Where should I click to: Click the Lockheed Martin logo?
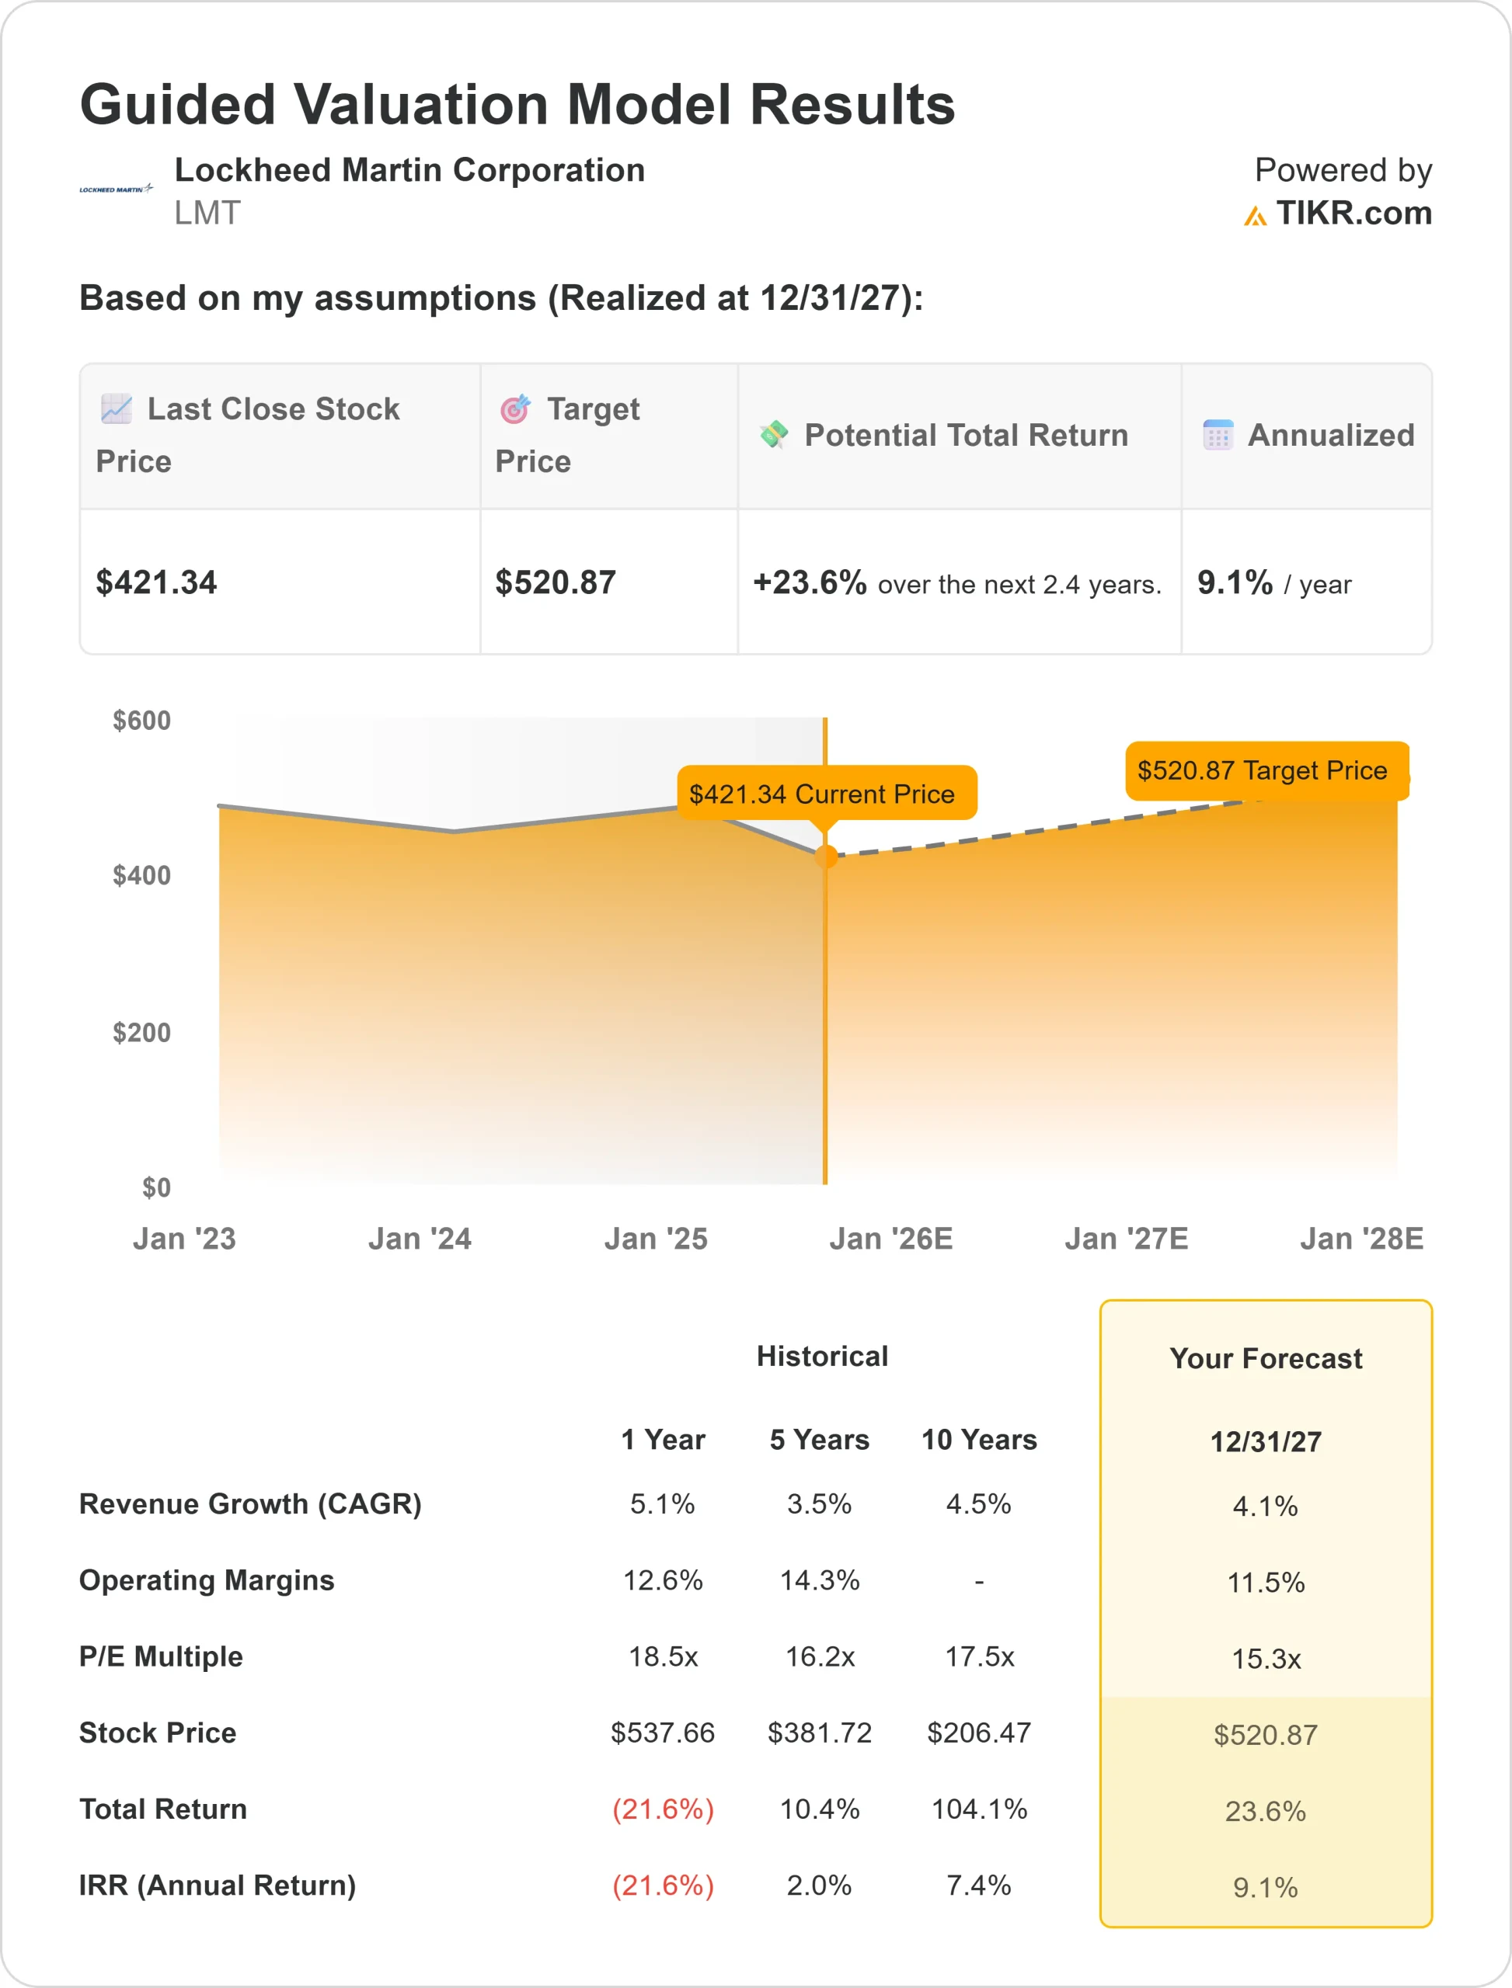tap(116, 189)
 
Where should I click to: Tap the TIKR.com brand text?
tap(1352, 214)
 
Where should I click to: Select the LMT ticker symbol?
tap(207, 214)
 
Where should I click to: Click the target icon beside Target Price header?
tap(515, 409)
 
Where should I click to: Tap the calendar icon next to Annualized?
tap(1218, 436)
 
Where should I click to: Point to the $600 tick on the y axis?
tap(141, 721)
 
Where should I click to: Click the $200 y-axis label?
tap(141, 1033)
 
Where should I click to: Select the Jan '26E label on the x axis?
tap(890, 1239)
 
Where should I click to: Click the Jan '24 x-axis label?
tap(420, 1239)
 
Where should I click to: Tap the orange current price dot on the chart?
tap(825, 857)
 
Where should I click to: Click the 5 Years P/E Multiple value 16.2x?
tap(820, 1657)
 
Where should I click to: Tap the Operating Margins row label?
tap(206, 1580)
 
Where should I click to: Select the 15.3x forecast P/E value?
tap(1266, 1659)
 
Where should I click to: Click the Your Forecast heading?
tap(1266, 1358)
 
